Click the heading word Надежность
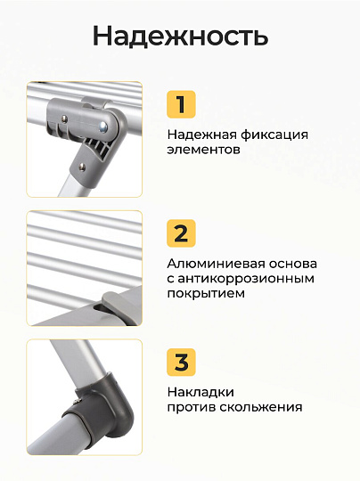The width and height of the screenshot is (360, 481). [x=180, y=37]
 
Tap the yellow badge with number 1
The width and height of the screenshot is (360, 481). [x=181, y=104]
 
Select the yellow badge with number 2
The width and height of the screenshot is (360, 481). [x=181, y=233]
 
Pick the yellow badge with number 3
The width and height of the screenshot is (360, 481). [x=181, y=362]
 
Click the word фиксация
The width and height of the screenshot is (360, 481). [x=274, y=135]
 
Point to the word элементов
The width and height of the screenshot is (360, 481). [x=203, y=150]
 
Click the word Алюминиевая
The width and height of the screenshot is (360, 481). [x=216, y=264]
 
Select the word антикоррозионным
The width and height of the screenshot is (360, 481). [x=246, y=279]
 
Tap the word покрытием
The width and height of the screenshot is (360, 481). [x=206, y=294]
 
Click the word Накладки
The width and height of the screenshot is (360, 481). [x=200, y=392]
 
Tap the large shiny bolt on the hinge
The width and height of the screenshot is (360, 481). [x=103, y=125]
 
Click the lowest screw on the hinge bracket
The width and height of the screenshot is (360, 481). [x=82, y=167]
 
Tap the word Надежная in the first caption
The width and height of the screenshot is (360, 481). [x=201, y=135]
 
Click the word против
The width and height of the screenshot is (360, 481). [x=192, y=408]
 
